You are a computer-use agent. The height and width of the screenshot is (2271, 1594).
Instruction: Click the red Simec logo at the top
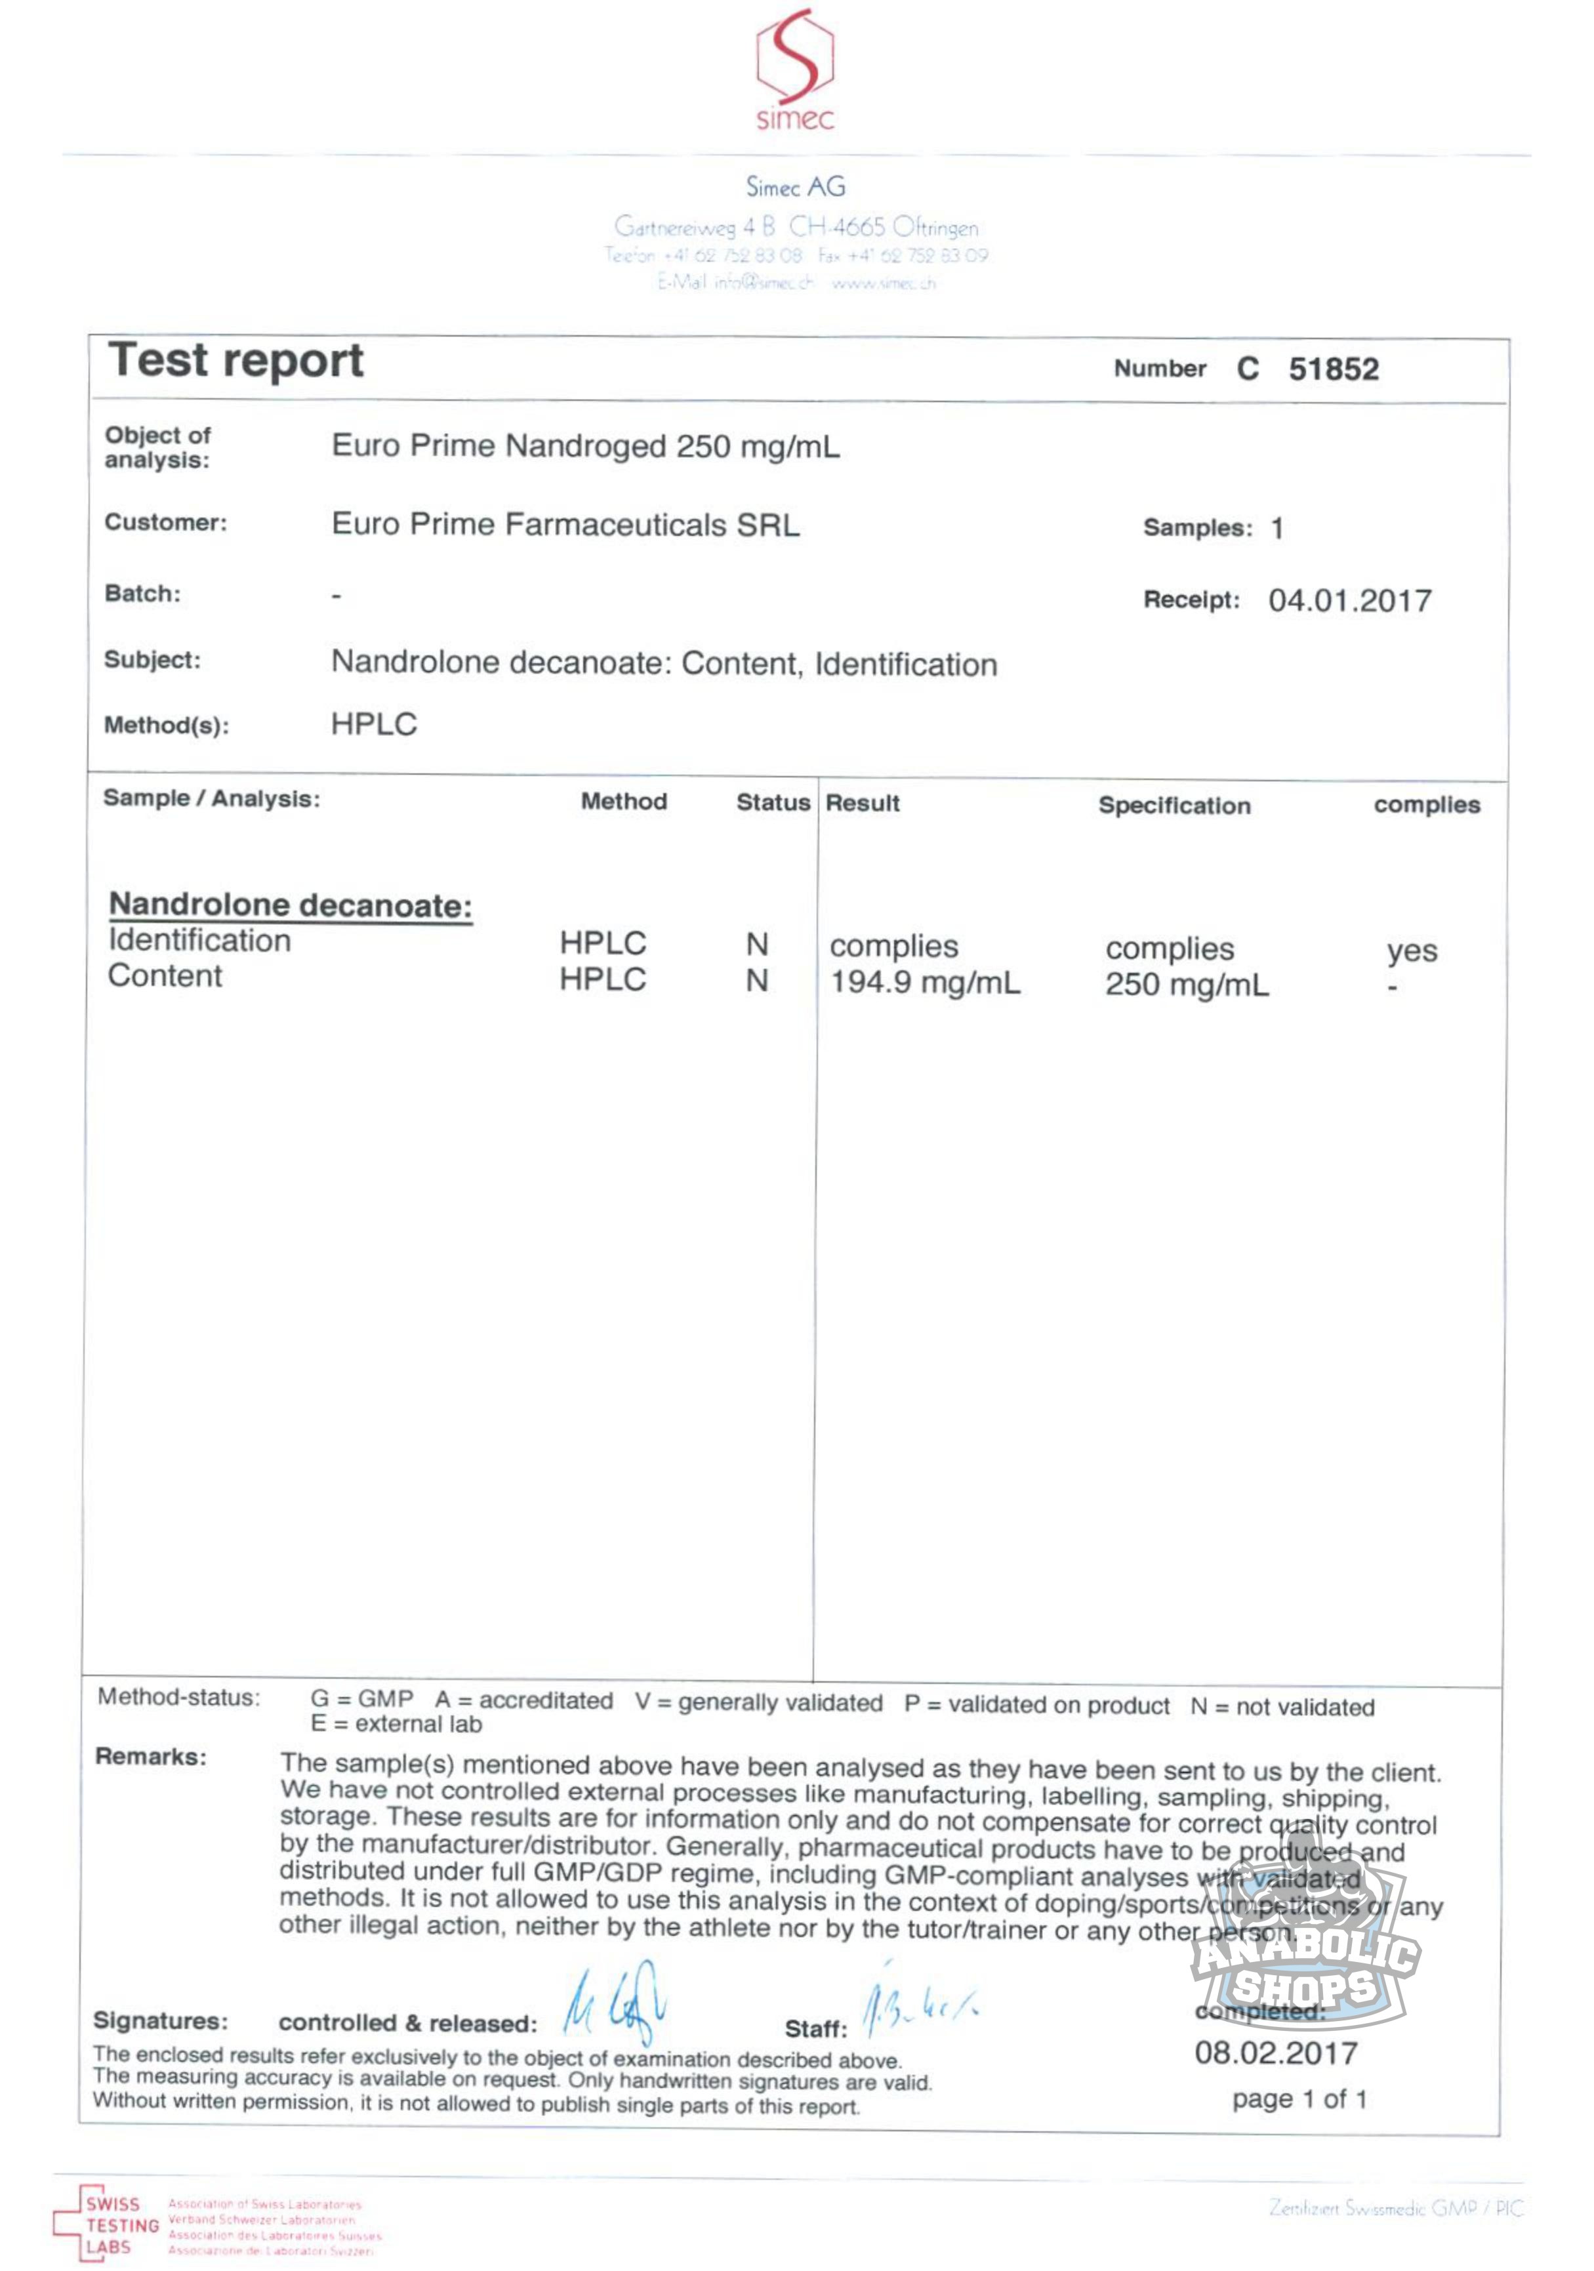point(795,70)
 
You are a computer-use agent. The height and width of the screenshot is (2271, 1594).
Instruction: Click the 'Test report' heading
point(236,360)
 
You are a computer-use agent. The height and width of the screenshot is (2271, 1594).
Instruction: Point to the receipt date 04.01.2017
point(1350,600)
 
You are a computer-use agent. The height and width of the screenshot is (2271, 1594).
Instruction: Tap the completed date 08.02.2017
point(1276,2053)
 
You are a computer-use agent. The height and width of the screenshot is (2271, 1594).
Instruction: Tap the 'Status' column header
point(772,802)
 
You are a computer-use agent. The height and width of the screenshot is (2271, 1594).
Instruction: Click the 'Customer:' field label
point(165,522)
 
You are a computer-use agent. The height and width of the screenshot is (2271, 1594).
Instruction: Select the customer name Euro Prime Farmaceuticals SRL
point(565,524)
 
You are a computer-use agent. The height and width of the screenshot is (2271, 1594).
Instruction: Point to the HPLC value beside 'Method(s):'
point(374,724)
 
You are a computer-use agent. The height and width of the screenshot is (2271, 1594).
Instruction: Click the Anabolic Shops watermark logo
point(1305,1954)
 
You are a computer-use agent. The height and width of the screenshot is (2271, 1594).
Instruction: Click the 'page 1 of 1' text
point(1299,2099)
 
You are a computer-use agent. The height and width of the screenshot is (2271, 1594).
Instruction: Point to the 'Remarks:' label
point(150,1757)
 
